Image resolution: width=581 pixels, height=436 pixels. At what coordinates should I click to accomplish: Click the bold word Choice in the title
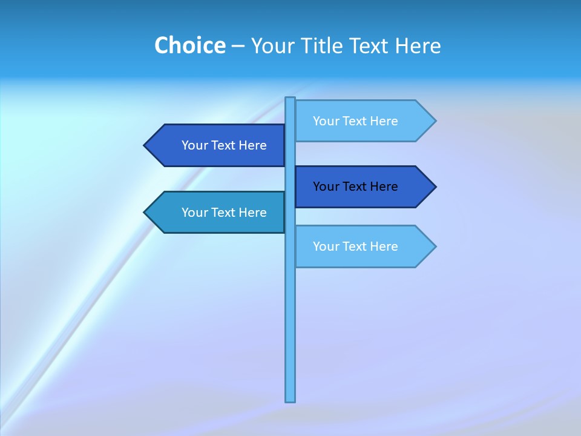189,45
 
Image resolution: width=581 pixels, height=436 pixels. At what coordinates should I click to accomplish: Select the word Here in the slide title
418,45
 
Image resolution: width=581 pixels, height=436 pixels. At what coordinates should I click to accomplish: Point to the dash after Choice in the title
238,46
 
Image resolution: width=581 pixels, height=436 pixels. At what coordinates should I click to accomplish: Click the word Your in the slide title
272,45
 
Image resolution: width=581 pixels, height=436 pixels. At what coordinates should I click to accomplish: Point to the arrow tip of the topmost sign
434,121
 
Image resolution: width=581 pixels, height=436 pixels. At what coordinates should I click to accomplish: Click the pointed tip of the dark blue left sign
146,145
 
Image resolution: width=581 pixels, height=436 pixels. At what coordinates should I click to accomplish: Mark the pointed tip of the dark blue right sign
434,187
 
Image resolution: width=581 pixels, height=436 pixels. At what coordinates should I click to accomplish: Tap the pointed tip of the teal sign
146,213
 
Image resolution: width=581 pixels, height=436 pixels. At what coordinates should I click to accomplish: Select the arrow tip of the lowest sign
434,246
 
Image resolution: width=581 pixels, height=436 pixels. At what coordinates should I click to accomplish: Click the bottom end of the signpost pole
290,400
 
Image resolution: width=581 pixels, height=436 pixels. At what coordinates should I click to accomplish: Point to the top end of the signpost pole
290,99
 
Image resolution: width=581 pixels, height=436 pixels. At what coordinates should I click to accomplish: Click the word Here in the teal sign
252,213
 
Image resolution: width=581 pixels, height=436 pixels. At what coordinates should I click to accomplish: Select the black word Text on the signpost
355,187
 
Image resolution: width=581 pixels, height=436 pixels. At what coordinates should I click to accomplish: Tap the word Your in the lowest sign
326,246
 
